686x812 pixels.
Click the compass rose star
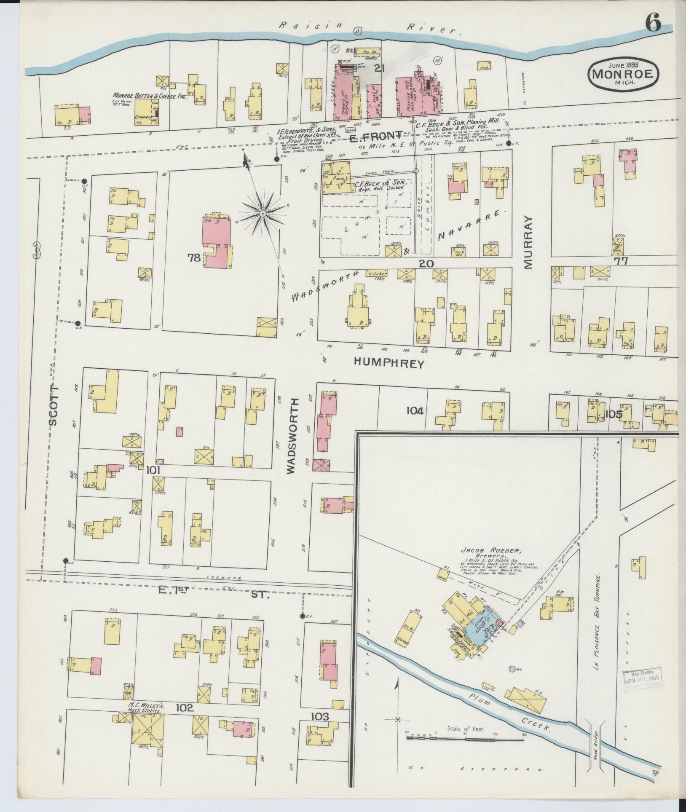tap(263, 214)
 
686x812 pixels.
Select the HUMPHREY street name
tap(389, 363)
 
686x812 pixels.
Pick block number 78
tap(194, 258)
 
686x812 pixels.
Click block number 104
tap(415, 410)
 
